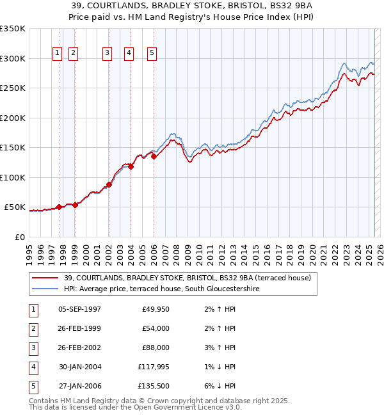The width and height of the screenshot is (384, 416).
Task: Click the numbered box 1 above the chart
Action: [58, 53]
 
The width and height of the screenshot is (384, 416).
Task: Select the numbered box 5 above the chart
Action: [152, 53]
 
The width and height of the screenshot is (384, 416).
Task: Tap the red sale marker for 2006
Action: [154, 156]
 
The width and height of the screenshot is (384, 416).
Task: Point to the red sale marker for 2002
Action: [109, 184]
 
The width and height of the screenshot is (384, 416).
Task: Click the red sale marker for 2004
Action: [131, 166]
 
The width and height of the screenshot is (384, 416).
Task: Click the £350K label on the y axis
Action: [13, 29]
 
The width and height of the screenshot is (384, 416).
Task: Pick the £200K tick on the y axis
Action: [13, 118]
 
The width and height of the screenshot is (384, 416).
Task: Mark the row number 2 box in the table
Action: [31, 328]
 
